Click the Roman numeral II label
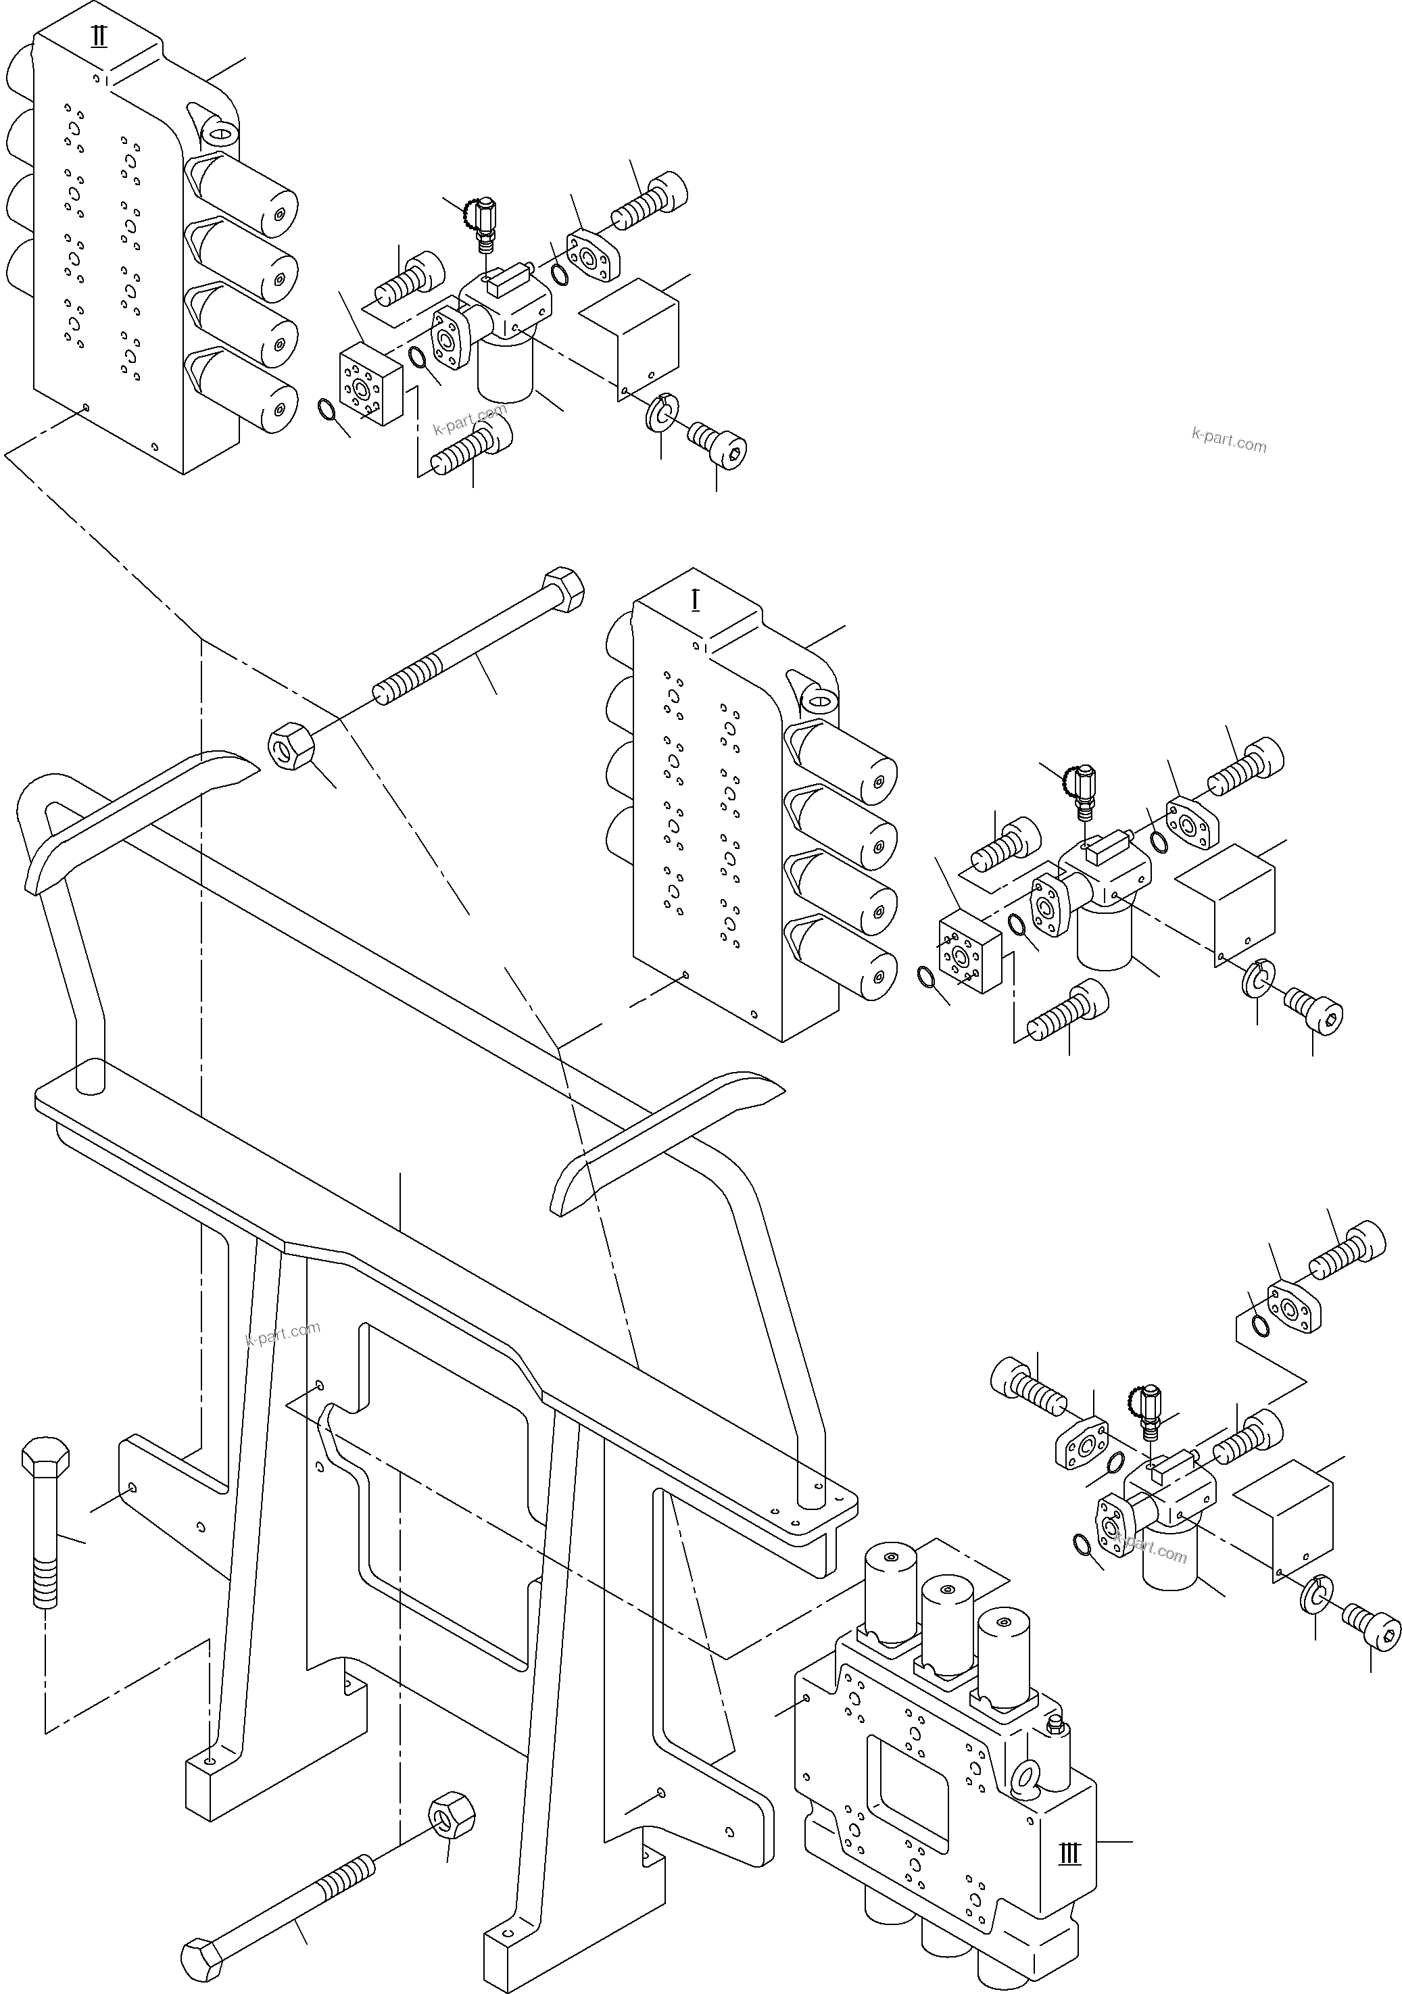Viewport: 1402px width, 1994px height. tap(99, 37)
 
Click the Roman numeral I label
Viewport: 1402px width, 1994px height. tap(695, 600)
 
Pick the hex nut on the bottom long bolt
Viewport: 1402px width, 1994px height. tap(452, 1814)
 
